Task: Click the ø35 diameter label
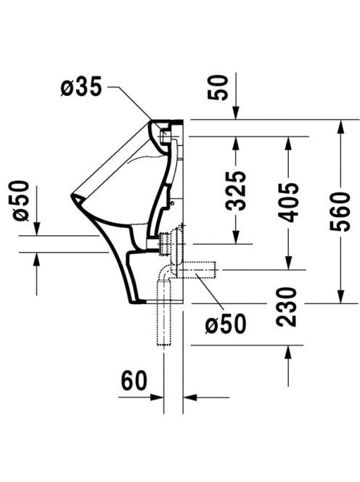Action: click(81, 86)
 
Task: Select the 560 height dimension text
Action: click(340, 211)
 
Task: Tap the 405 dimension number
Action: click(288, 203)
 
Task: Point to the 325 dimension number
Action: click(236, 191)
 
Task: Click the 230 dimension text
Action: click(286, 307)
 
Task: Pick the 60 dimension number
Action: click(134, 380)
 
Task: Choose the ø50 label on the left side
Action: click(21, 201)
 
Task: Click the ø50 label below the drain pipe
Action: click(226, 323)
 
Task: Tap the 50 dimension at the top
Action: click(218, 88)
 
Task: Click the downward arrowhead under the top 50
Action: click(236, 113)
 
